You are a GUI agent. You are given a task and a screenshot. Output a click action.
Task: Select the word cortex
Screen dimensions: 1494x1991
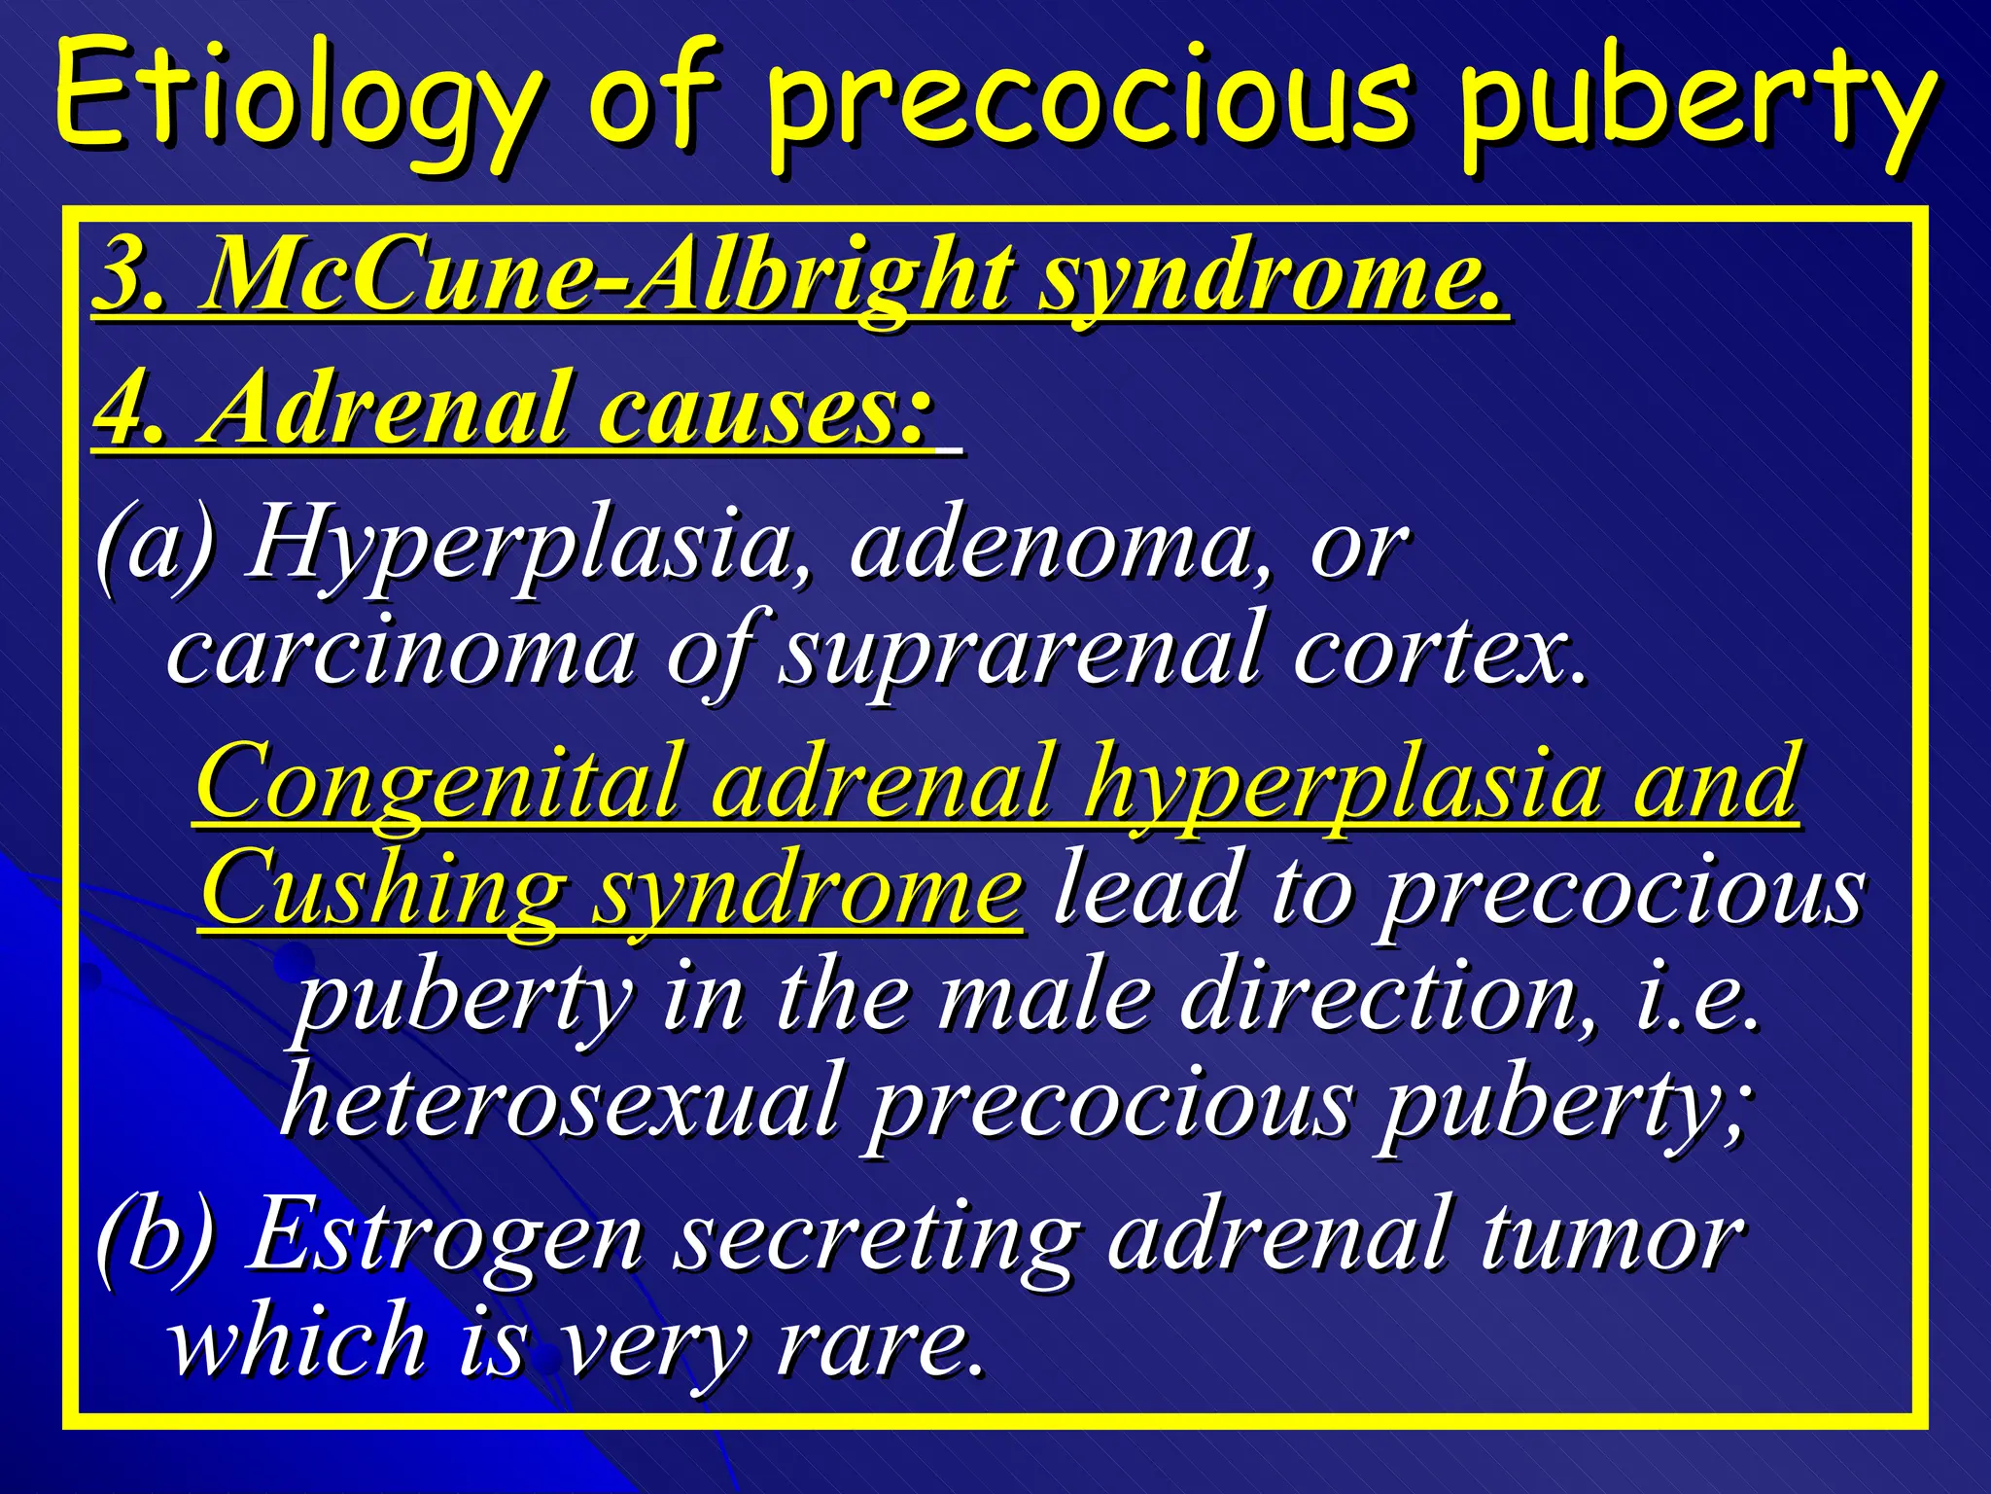click(x=1439, y=652)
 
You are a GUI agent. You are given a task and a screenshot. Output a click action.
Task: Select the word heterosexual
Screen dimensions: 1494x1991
click(x=559, y=1103)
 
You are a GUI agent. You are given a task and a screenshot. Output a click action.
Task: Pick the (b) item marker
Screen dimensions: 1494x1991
click(x=156, y=1235)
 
